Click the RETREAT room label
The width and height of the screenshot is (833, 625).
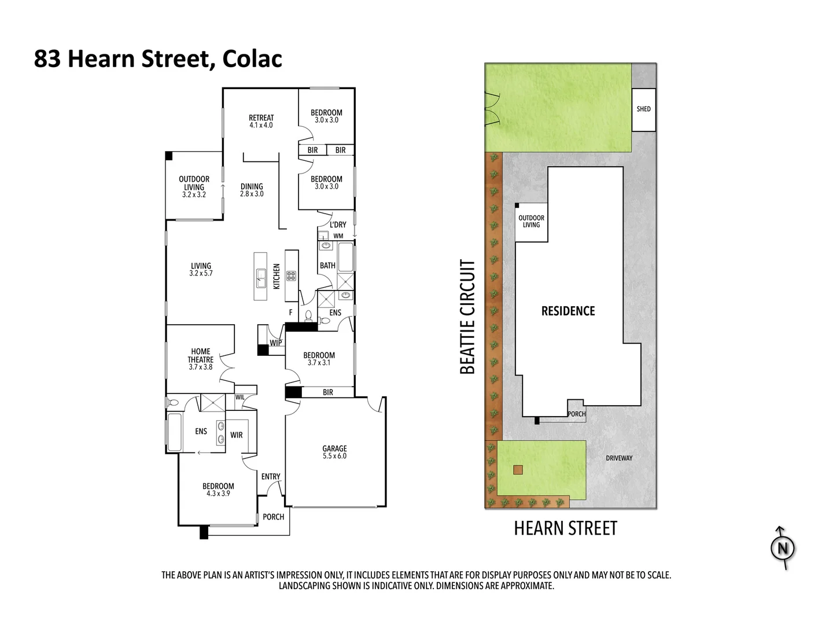[261, 117]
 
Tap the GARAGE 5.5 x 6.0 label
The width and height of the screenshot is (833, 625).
[334, 452]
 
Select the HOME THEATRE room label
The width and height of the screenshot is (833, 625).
[200, 355]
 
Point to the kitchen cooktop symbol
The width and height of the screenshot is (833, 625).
[291, 276]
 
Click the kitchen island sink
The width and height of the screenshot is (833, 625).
[261, 278]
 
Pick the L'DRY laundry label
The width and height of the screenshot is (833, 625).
[338, 225]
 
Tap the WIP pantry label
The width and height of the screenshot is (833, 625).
[276, 343]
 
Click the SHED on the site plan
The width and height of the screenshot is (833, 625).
[643, 109]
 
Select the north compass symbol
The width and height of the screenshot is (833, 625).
[783, 548]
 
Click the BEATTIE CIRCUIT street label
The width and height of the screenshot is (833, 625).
[467, 317]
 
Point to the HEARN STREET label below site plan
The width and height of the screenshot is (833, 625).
[565, 528]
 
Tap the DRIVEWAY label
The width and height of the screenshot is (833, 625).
[619, 458]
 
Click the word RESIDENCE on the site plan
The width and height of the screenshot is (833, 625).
[568, 311]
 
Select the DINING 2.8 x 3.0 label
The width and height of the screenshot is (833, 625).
[252, 190]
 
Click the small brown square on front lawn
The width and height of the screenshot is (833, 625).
[518, 470]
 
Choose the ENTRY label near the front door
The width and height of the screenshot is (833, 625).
[271, 476]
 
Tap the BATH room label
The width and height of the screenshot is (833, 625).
[327, 266]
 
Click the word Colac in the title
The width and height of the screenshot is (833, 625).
[252, 59]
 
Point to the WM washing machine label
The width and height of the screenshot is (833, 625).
[338, 236]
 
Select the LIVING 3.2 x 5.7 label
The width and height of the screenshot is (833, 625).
[201, 270]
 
